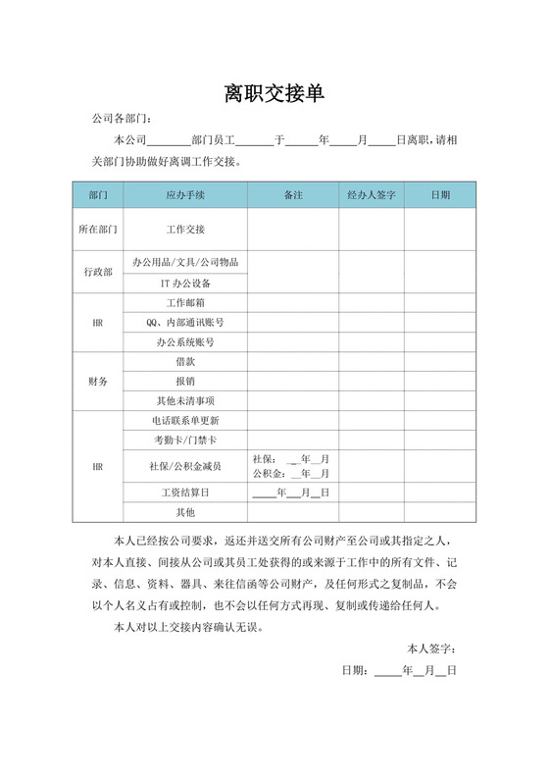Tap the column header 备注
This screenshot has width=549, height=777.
(292, 195)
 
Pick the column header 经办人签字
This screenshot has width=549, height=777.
(371, 195)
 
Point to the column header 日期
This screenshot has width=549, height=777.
(440, 195)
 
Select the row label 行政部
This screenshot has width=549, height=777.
(97, 272)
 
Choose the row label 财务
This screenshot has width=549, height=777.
(97, 381)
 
